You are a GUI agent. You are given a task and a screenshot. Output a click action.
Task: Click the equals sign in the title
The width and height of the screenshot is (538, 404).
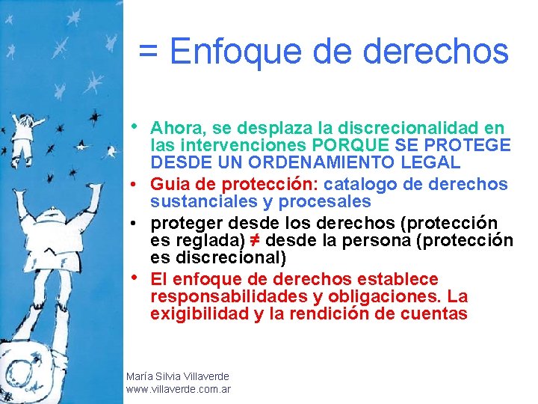tap(149, 52)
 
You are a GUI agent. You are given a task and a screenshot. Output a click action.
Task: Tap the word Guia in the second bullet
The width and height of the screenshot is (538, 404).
tap(167, 184)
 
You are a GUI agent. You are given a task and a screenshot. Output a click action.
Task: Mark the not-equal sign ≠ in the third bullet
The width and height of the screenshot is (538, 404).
tap(253, 241)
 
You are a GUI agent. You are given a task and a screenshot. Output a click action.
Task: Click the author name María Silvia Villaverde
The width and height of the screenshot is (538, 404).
tap(178, 376)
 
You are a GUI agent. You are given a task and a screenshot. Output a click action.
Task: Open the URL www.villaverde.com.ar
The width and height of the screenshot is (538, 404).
tap(179, 389)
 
